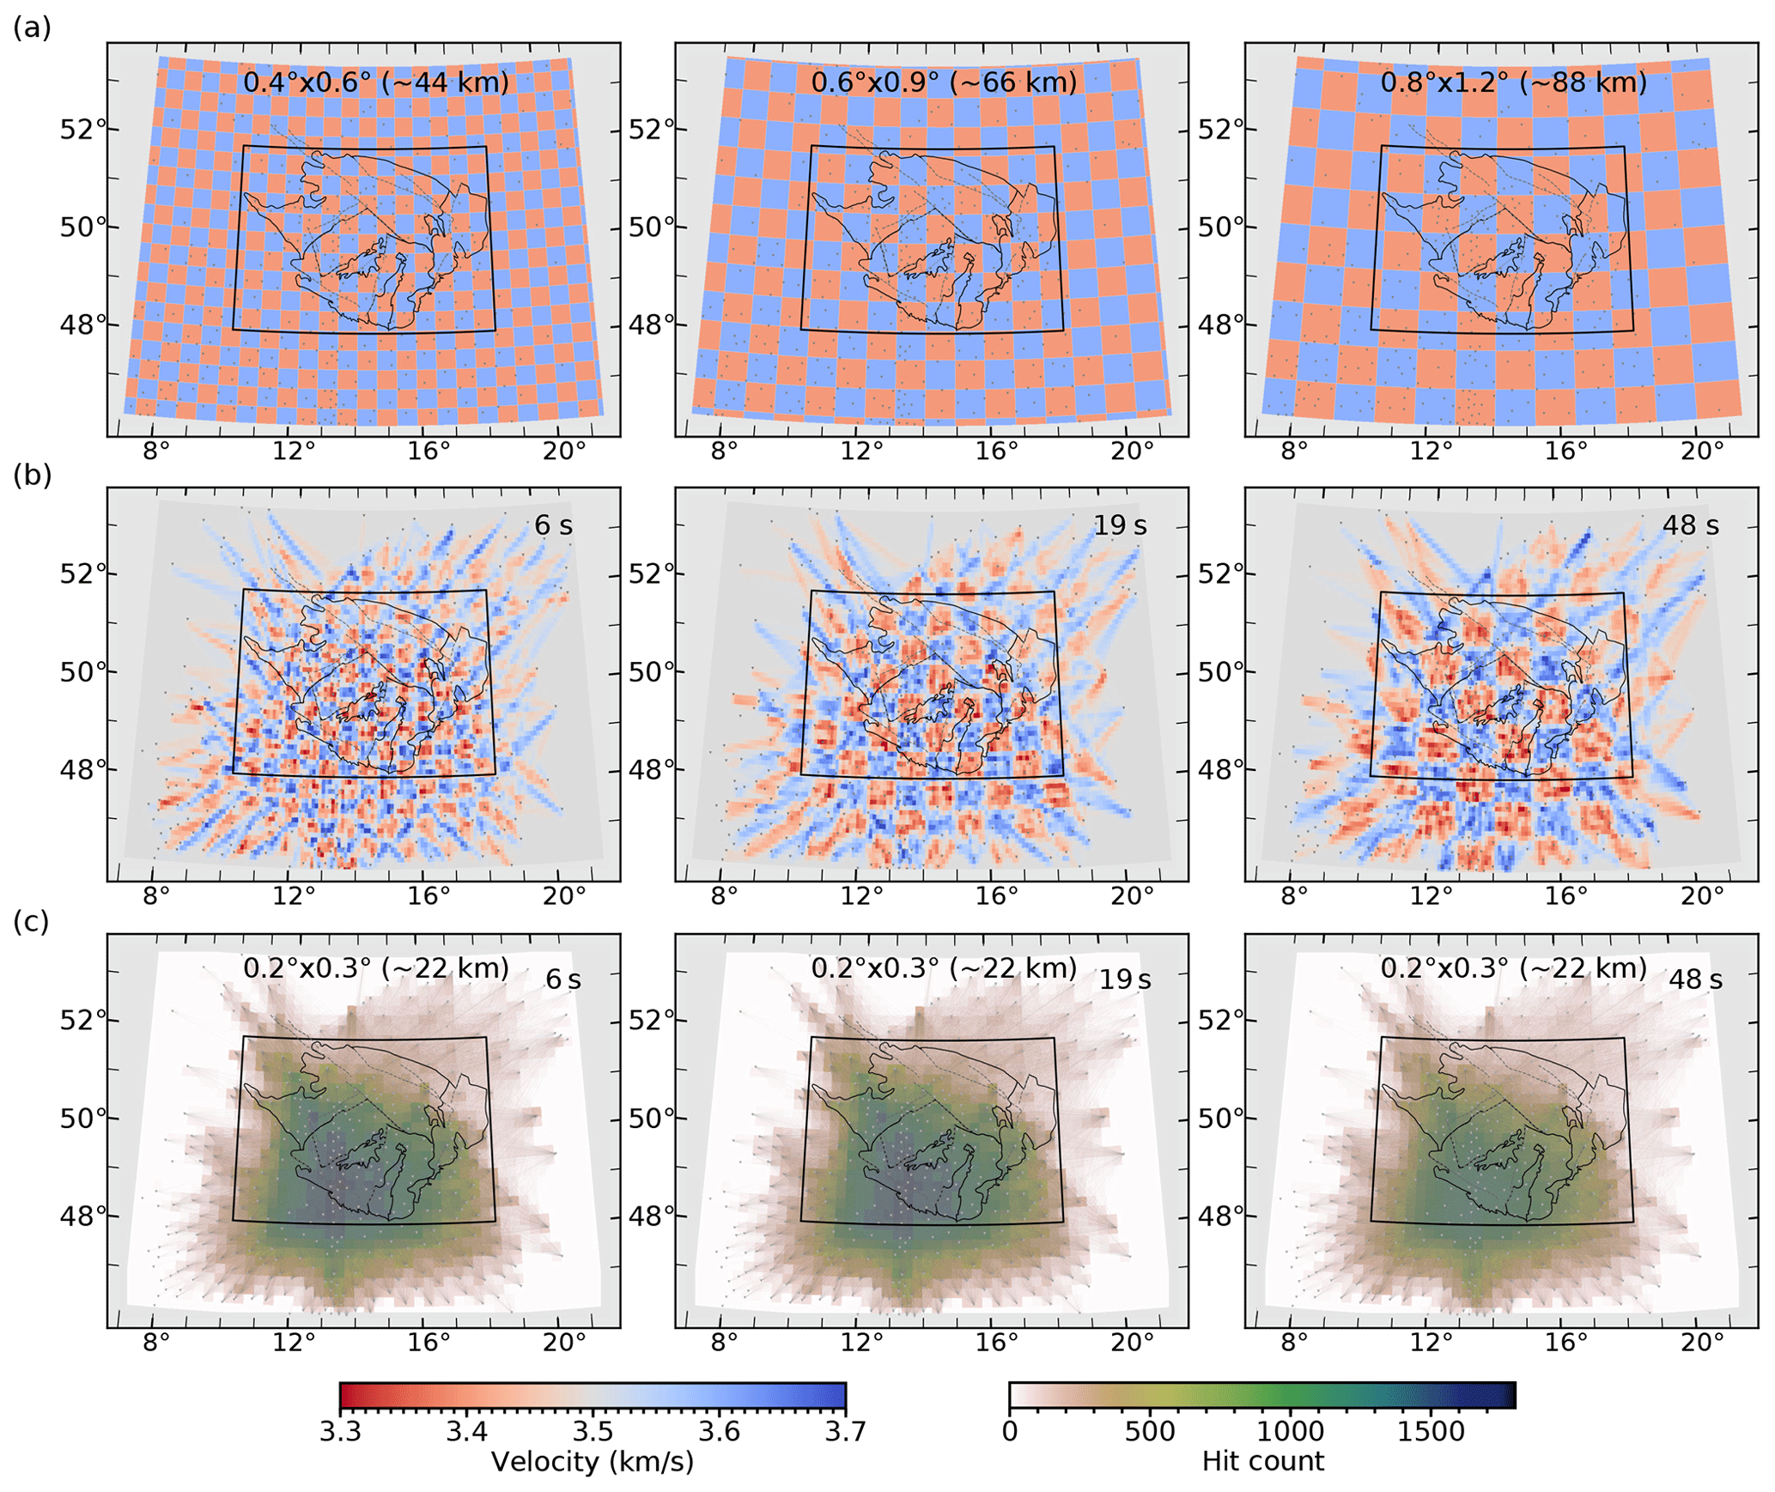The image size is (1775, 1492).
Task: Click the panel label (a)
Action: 32,28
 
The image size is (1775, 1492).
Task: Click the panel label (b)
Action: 32,475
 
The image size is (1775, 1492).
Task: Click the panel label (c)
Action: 32,921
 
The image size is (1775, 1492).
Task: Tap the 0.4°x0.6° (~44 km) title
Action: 376,82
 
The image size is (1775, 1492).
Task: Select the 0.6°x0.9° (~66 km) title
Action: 944,82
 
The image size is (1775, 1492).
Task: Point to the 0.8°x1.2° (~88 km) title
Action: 1514,82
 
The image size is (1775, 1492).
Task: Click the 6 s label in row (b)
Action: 553,525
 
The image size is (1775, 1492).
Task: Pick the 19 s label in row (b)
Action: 1119,525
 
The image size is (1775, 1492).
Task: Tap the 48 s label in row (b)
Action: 1690,525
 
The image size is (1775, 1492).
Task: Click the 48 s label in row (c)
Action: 1694,980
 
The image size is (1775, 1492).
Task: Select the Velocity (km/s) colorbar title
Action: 592,1461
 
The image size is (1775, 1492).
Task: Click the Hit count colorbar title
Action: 1262,1461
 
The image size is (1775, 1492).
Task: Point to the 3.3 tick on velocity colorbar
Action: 341,1431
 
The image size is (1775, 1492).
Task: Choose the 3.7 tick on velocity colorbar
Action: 846,1431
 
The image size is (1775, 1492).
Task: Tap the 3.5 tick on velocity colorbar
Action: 593,1431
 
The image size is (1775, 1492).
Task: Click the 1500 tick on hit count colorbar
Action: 1430,1431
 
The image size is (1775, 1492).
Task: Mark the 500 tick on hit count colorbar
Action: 1150,1431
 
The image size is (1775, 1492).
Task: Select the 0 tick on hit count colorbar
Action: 1010,1431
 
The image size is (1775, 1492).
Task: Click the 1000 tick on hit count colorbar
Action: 1290,1431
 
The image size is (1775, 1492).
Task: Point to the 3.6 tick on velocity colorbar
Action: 720,1431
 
